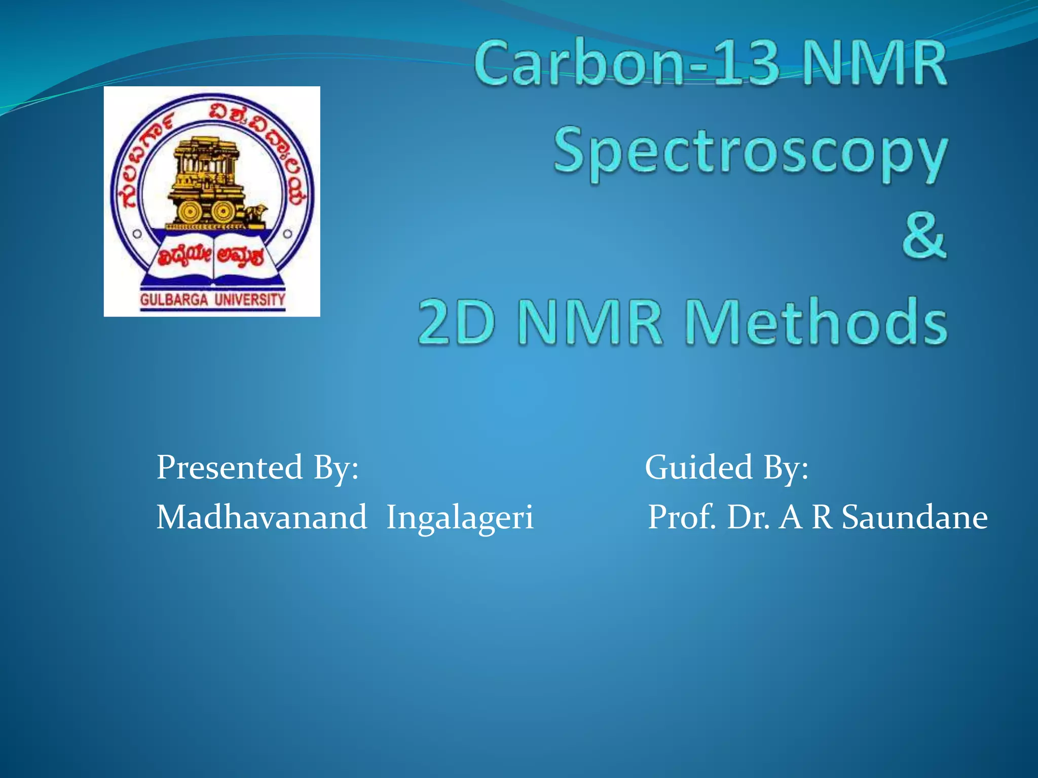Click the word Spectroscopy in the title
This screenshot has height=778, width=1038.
pyautogui.click(x=750, y=152)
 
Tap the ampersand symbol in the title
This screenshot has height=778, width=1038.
pyautogui.click(x=923, y=237)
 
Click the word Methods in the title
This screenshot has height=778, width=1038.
pyautogui.click(x=816, y=322)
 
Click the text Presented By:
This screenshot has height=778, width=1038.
pyautogui.click(x=257, y=467)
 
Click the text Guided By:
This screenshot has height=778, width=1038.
pyautogui.click(x=726, y=467)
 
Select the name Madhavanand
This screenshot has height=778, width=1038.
pyautogui.click(x=262, y=518)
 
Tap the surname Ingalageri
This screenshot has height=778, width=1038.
pyautogui.click(x=460, y=518)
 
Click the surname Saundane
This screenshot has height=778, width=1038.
pyautogui.click(x=914, y=518)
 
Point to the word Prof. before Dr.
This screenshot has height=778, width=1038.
pyautogui.click(x=682, y=518)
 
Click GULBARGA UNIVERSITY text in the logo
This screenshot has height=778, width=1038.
pyautogui.click(x=212, y=300)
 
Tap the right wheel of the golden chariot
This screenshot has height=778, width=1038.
pyautogui.click(x=223, y=212)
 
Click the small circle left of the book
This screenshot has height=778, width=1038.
pyautogui.click(x=137, y=234)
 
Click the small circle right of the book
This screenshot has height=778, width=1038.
pyautogui.click(x=287, y=234)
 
